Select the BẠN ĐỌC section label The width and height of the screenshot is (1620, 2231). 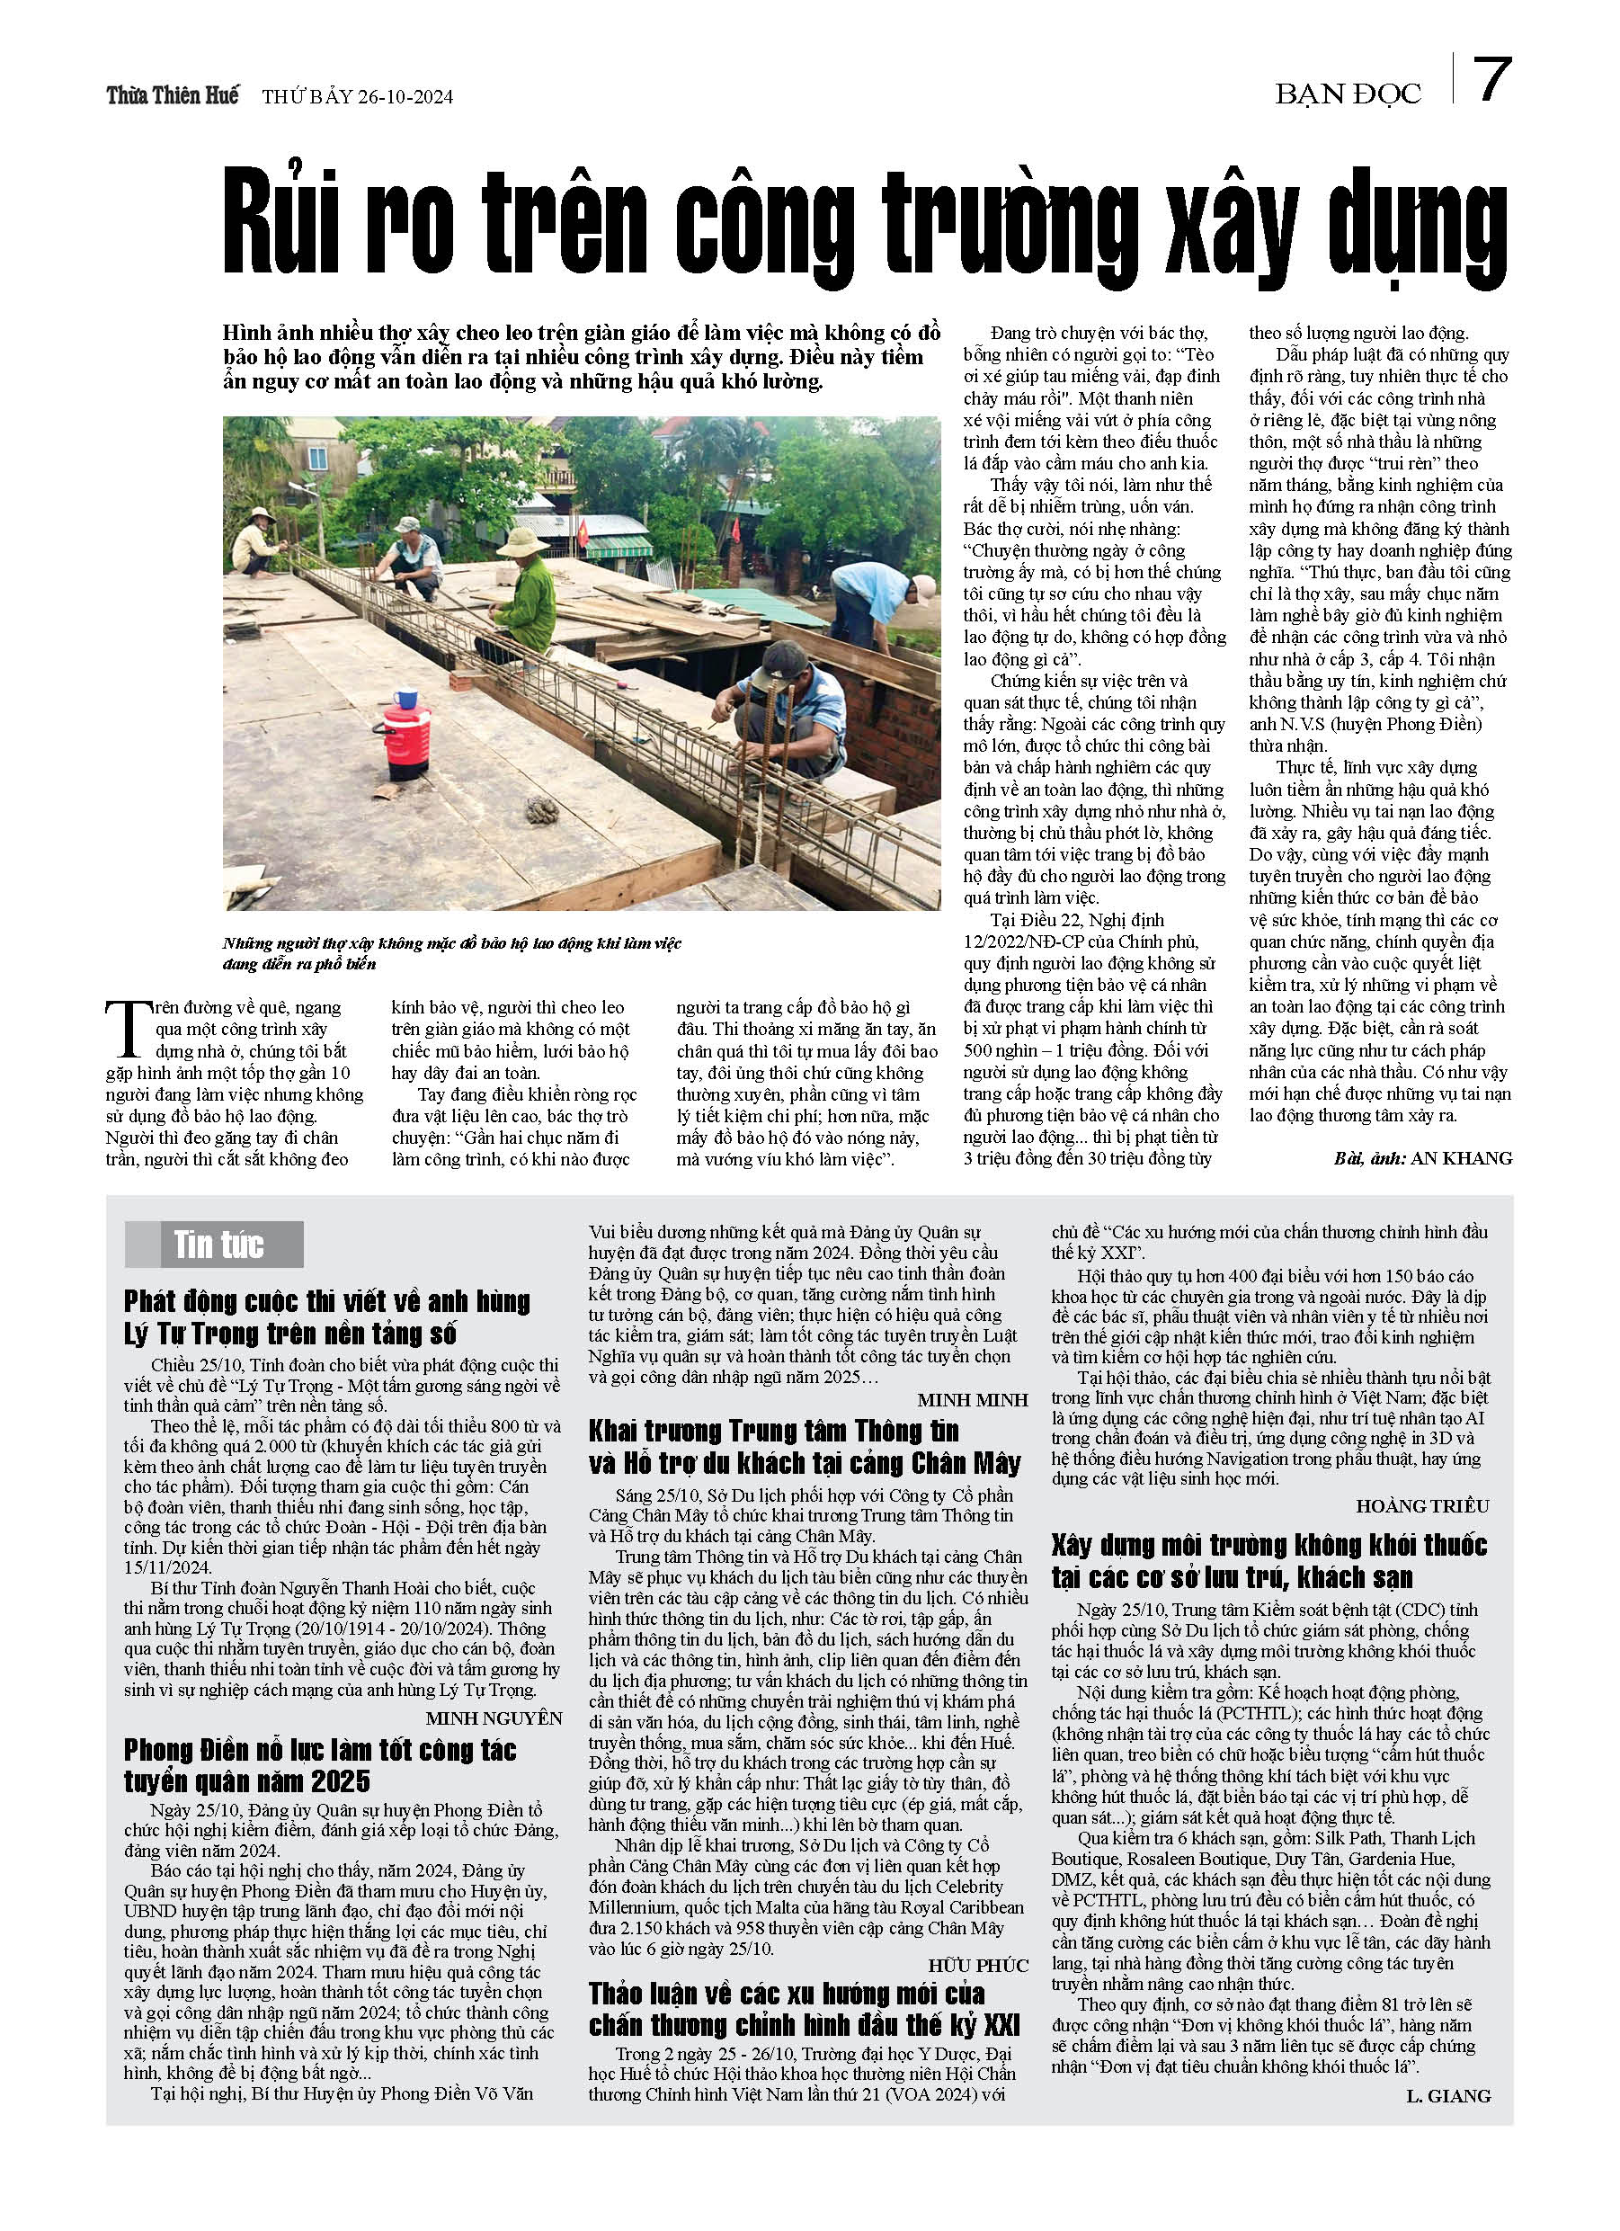tap(1348, 94)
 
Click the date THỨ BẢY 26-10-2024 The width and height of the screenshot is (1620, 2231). tap(357, 97)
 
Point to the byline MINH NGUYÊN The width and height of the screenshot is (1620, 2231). tap(494, 1718)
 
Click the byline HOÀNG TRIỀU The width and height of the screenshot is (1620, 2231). tap(1422, 1506)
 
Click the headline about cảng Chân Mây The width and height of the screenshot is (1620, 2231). tap(804, 1447)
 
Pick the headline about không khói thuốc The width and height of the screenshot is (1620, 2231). tap(1268, 1562)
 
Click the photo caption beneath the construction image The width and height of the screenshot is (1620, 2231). tap(452, 953)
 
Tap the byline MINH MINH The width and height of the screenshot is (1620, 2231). tap(973, 1400)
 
